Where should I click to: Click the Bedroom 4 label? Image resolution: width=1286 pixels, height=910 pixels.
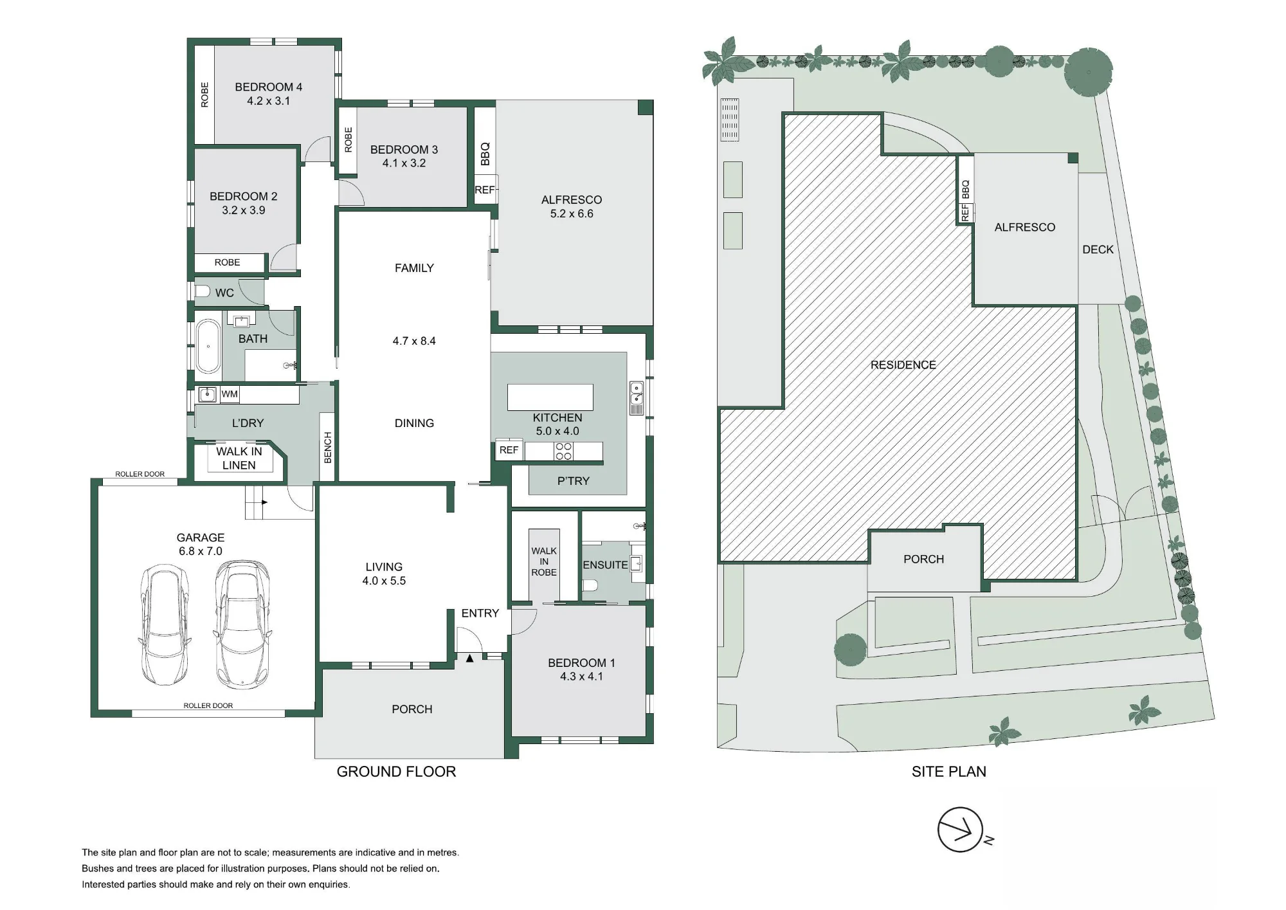tap(268, 87)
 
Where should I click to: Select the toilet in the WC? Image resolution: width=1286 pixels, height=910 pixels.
tap(203, 291)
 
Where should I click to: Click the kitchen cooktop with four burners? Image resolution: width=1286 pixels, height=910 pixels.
tap(563, 451)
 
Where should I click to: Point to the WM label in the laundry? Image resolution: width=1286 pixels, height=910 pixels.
tap(230, 394)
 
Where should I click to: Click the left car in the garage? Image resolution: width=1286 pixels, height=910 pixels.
tap(165, 624)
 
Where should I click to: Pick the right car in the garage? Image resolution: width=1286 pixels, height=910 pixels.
tap(242, 624)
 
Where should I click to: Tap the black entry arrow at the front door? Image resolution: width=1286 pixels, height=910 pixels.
tap(470, 658)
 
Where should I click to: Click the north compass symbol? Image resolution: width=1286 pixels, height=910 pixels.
tap(961, 830)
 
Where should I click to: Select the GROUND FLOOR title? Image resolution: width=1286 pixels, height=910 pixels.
tap(396, 772)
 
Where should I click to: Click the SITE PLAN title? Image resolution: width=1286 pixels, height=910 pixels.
tap(948, 772)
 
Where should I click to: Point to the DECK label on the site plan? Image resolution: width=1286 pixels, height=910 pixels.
tap(1098, 250)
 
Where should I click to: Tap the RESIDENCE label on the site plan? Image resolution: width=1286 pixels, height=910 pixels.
tap(903, 365)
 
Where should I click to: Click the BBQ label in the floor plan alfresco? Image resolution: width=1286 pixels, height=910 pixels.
tap(485, 154)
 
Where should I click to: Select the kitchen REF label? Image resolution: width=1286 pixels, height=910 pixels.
tap(509, 450)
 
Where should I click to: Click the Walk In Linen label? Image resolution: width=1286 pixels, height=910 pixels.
tap(239, 458)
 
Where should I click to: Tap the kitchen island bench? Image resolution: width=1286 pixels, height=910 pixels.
tap(550, 397)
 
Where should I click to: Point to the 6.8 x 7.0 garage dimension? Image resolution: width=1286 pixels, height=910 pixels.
tap(201, 551)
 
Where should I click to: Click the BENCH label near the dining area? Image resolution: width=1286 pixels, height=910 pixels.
tap(327, 448)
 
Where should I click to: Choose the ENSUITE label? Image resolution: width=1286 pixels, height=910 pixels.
tap(605, 565)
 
